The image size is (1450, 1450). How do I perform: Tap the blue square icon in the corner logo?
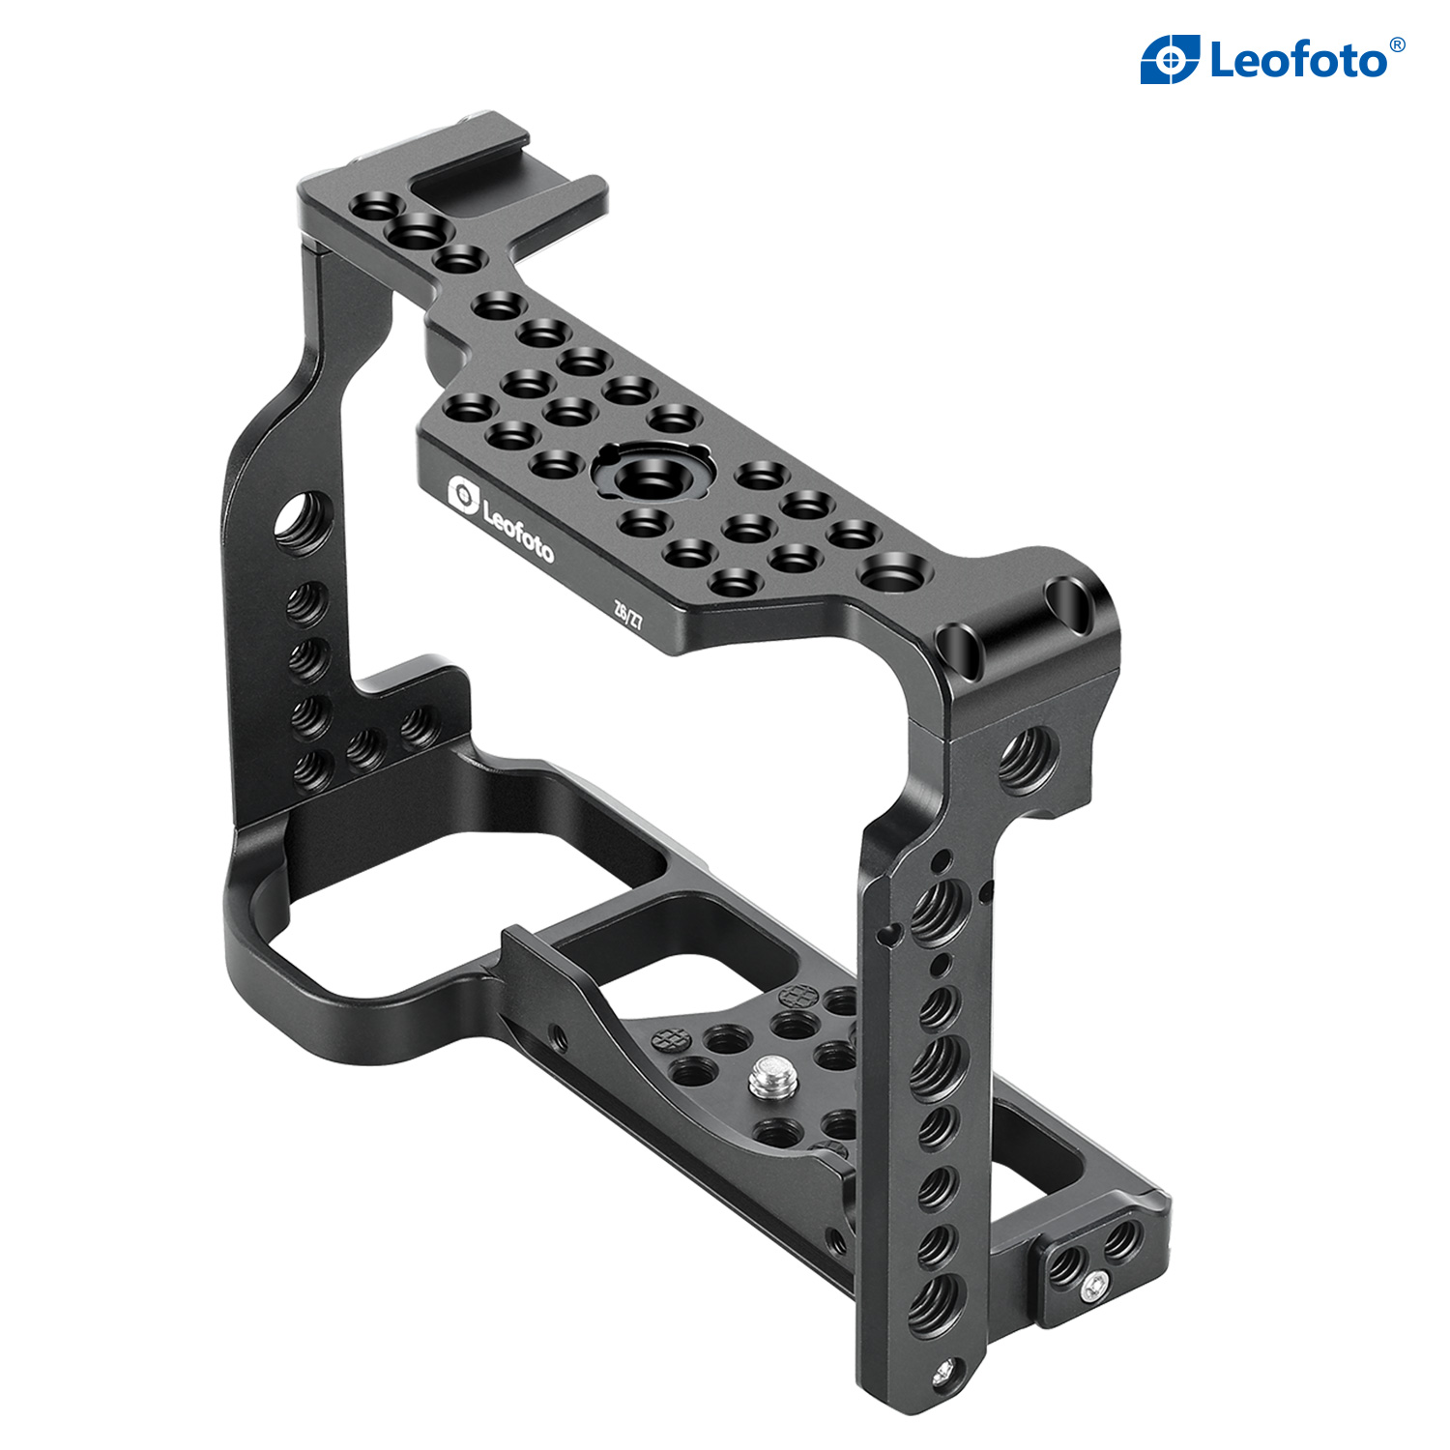(1170, 59)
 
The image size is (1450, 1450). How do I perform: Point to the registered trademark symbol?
(1397, 45)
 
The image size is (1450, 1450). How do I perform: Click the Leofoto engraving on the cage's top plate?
(517, 531)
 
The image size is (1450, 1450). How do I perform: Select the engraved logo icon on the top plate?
(463, 494)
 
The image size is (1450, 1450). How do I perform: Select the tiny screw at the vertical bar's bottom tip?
(946, 1371)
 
